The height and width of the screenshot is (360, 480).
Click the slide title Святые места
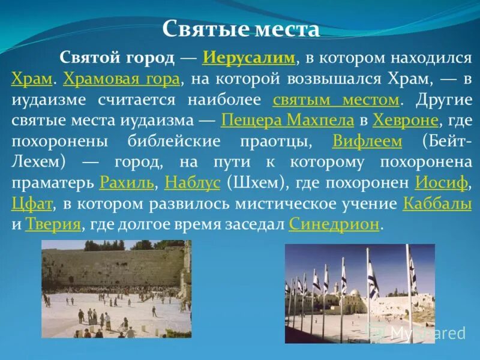coord(241,29)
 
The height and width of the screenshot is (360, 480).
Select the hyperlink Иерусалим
coord(250,58)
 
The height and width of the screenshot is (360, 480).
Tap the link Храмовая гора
coord(121,79)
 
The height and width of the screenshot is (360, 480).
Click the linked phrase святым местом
coord(336,99)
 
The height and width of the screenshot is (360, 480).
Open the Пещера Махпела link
coord(287,120)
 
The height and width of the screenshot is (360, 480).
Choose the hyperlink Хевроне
coord(405,120)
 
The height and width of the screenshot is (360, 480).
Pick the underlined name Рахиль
coord(128,182)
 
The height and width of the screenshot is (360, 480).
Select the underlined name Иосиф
coord(436,182)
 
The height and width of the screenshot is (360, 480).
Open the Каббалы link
coord(437,203)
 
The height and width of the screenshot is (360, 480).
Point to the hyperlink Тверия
coord(53,224)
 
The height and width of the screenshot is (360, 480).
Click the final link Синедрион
coord(334,224)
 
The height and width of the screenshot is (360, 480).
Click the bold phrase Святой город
coord(116,58)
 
